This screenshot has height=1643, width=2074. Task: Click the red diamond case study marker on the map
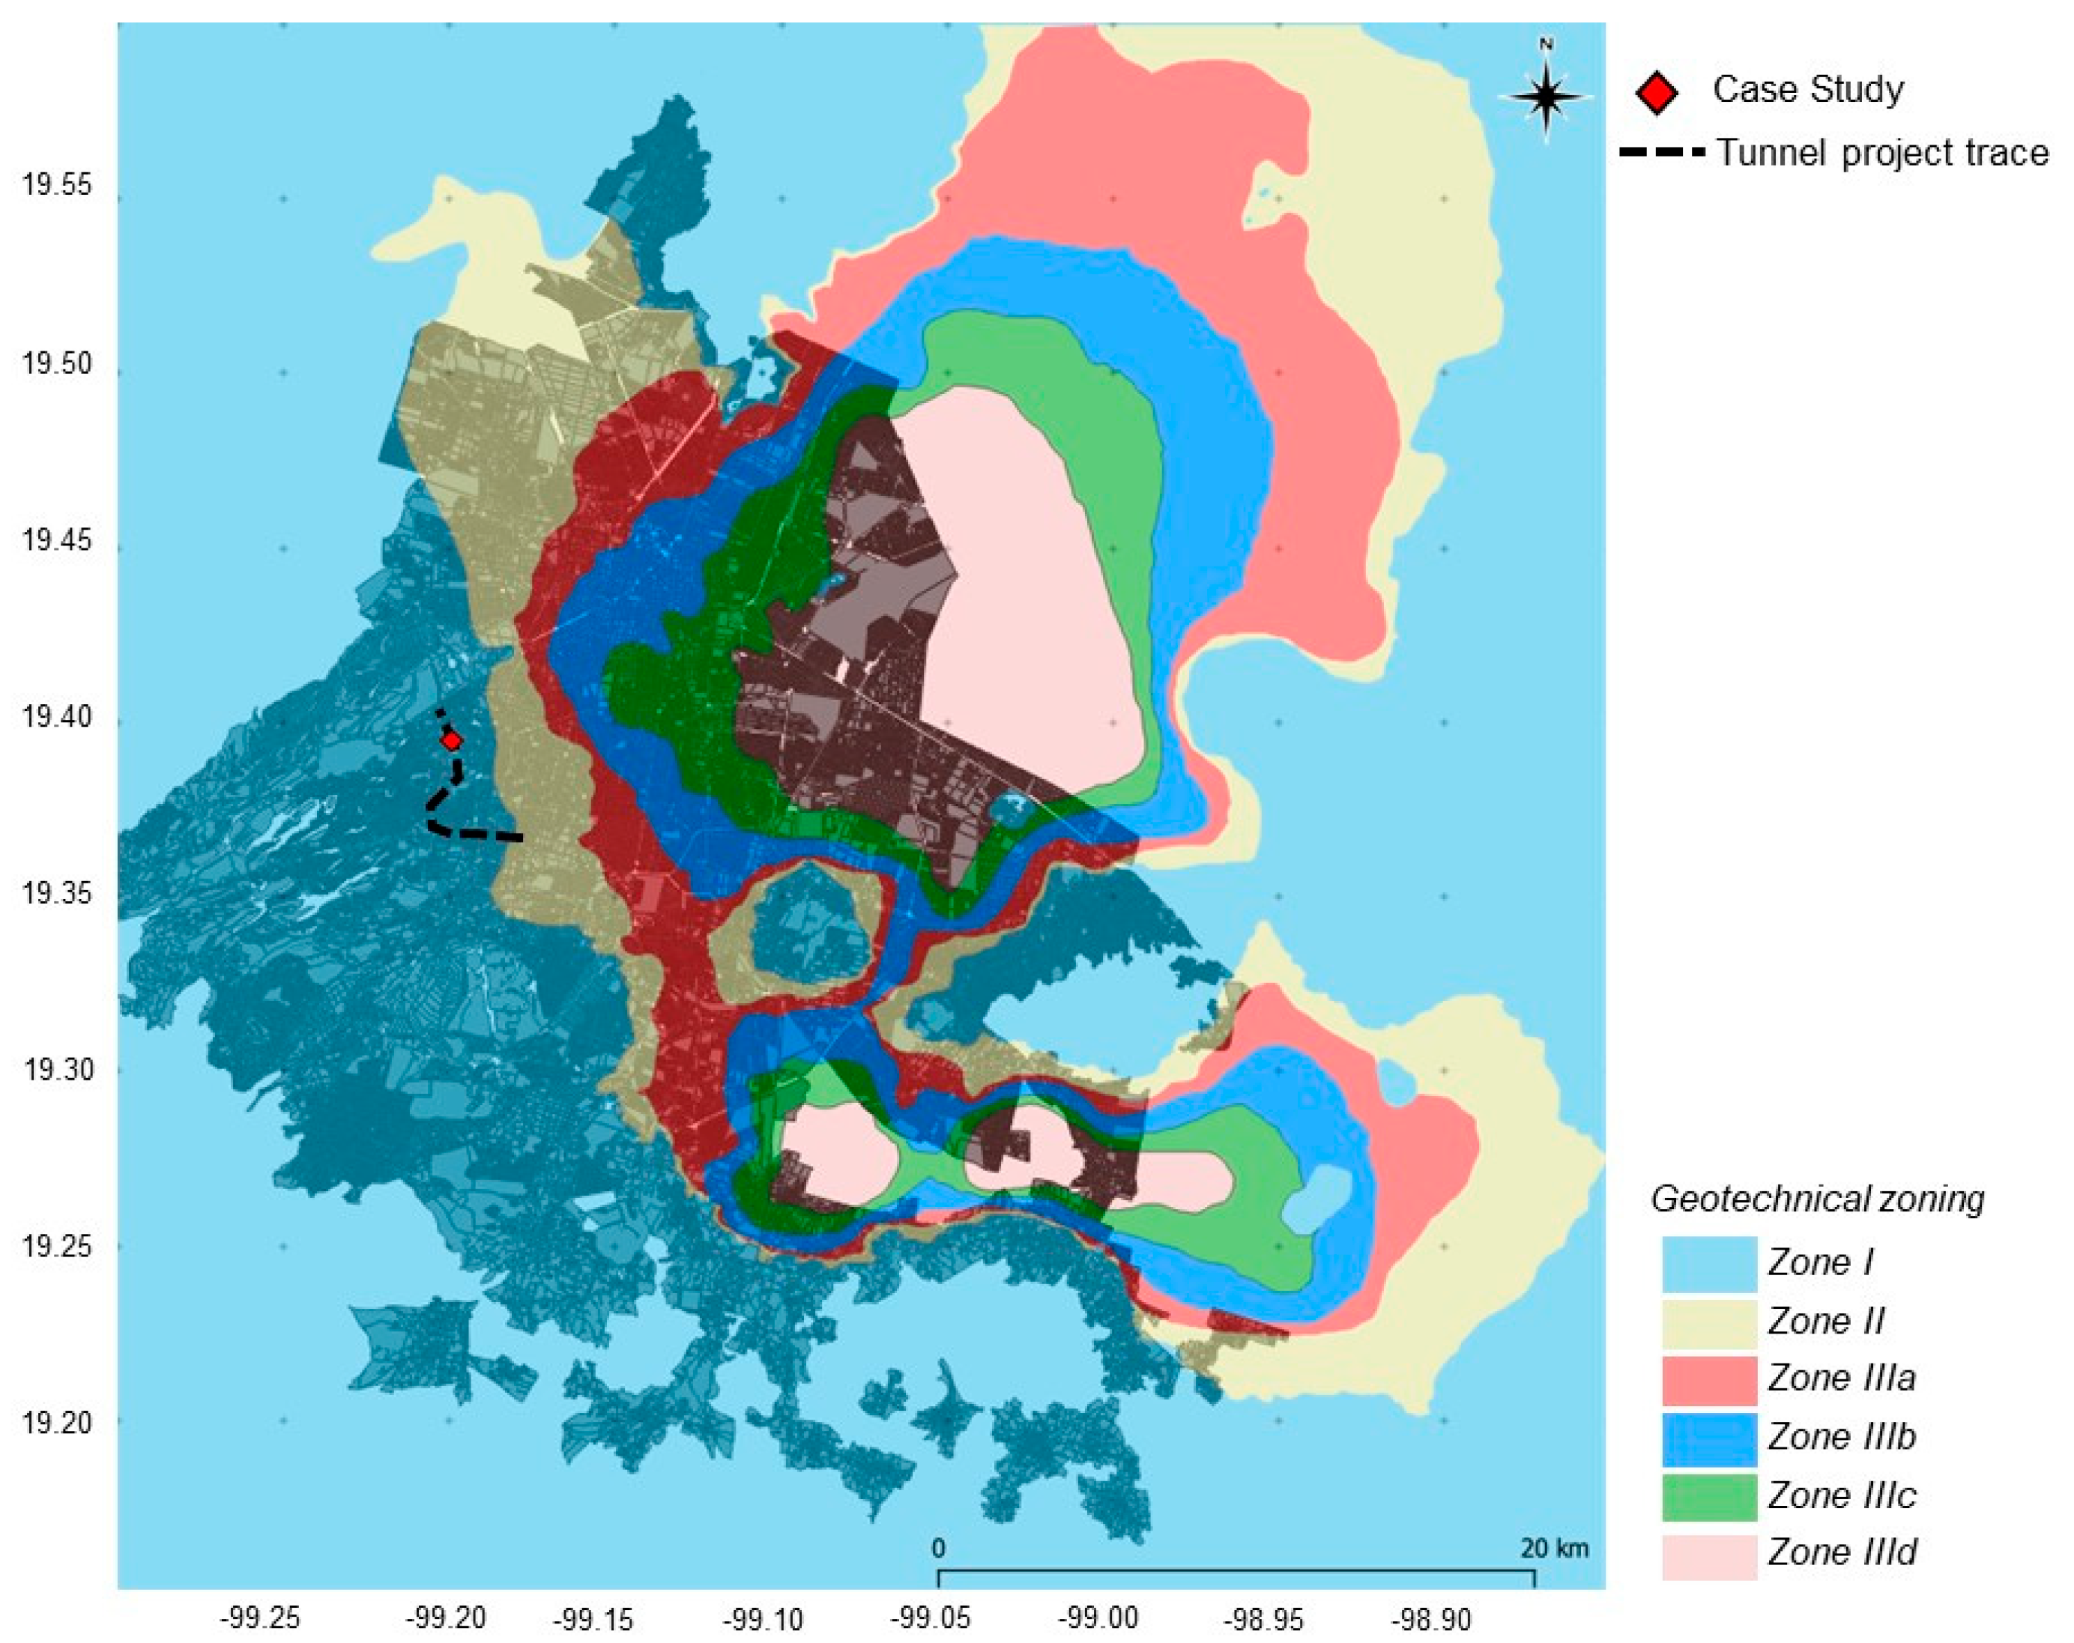pyautogui.click(x=451, y=739)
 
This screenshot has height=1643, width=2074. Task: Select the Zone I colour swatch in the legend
pyautogui.click(x=1709, y=1263)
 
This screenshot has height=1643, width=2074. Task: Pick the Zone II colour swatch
pyautogui.click(x=1709, y=1321)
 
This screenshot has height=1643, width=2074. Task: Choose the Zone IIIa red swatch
pyautogui.click(x=1709, y=1379)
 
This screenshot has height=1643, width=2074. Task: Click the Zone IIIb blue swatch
pyautogui.click(x=1709, y=1437)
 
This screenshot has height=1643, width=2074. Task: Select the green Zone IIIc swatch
pyautogui.click(x=1709, y=1495)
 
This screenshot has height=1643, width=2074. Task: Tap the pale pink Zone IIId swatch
pyautogui.click(x=1709, y=1552)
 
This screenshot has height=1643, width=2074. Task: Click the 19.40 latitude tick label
pyautogui.click(x=57, y=717)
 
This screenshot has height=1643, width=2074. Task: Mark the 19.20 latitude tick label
pyautogui.click(x=57, y=1422)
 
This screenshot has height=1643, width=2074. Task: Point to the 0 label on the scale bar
pyautogui.click(x=938, y=1548)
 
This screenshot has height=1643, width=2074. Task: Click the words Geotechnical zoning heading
pyautogui.click(x=1817, y=1199)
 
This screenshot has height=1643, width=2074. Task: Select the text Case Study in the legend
pyautogui.click(x=1807, y=89)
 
